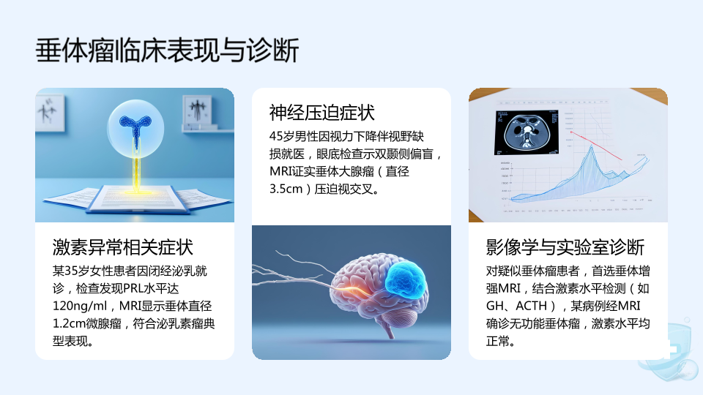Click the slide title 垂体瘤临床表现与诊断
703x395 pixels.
point(167,50)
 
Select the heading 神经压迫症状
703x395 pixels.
point(322,113)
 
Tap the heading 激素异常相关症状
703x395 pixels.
point(122,247)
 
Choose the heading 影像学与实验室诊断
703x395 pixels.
point(565,247)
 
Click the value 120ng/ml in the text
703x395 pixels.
point(80,306)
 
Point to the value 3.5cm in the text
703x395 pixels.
point(286,189)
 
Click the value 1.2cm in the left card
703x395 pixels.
point(69,324)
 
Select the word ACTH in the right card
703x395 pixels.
point(532,306)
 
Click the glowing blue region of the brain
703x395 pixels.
point(405,280)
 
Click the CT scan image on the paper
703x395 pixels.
point(527,132)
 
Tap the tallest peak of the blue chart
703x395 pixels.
point(592,146)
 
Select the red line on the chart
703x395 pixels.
point(596,146)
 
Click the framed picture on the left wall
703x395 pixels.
point(50,113)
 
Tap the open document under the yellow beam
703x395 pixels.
point(138,198)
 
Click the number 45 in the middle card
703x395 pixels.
point(276,137)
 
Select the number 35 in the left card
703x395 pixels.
point(71,271)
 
